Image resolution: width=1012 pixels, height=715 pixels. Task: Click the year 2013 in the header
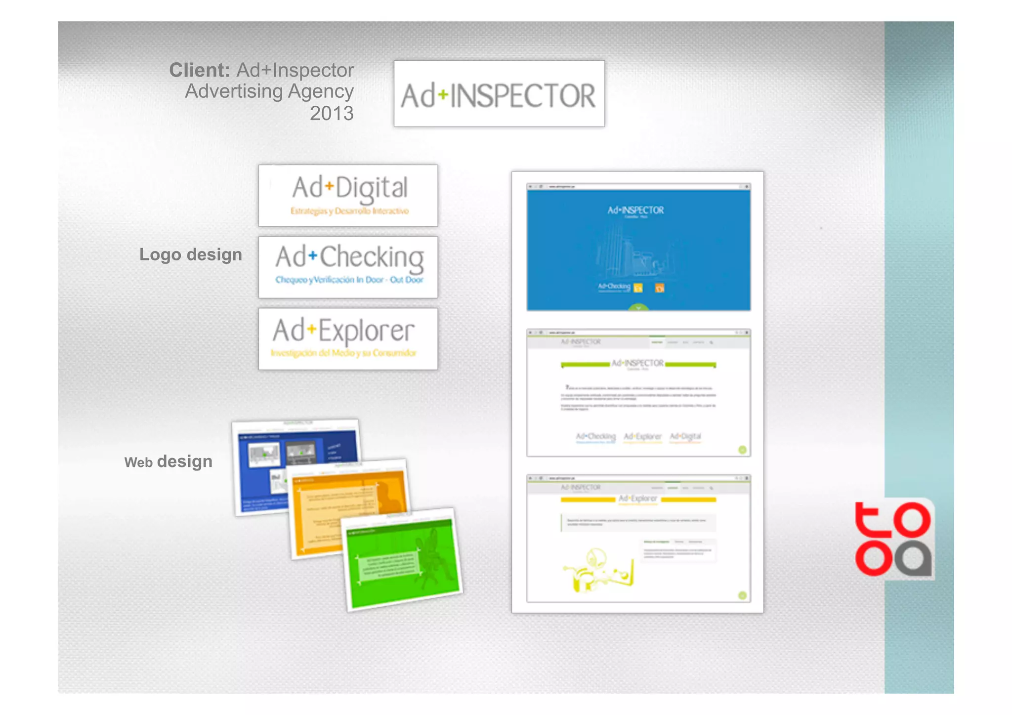332,114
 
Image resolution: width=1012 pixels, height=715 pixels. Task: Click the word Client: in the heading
200,70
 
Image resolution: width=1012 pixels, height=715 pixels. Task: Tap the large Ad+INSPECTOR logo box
499,94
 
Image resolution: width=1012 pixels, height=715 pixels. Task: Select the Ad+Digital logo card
348,196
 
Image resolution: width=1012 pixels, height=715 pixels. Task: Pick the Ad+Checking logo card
348,267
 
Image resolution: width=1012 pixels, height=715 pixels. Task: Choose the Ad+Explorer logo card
348,339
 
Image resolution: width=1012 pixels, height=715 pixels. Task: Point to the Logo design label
191,254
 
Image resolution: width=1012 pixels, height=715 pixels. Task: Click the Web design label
169,462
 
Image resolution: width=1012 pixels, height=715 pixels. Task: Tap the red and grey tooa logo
893,539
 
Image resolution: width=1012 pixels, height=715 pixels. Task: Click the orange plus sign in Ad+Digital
329,187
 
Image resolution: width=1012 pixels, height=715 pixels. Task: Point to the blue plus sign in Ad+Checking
312,255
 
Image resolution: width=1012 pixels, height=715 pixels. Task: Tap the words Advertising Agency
269,91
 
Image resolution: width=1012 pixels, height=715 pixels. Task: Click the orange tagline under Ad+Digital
349,211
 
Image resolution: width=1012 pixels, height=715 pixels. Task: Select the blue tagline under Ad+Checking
349,280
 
